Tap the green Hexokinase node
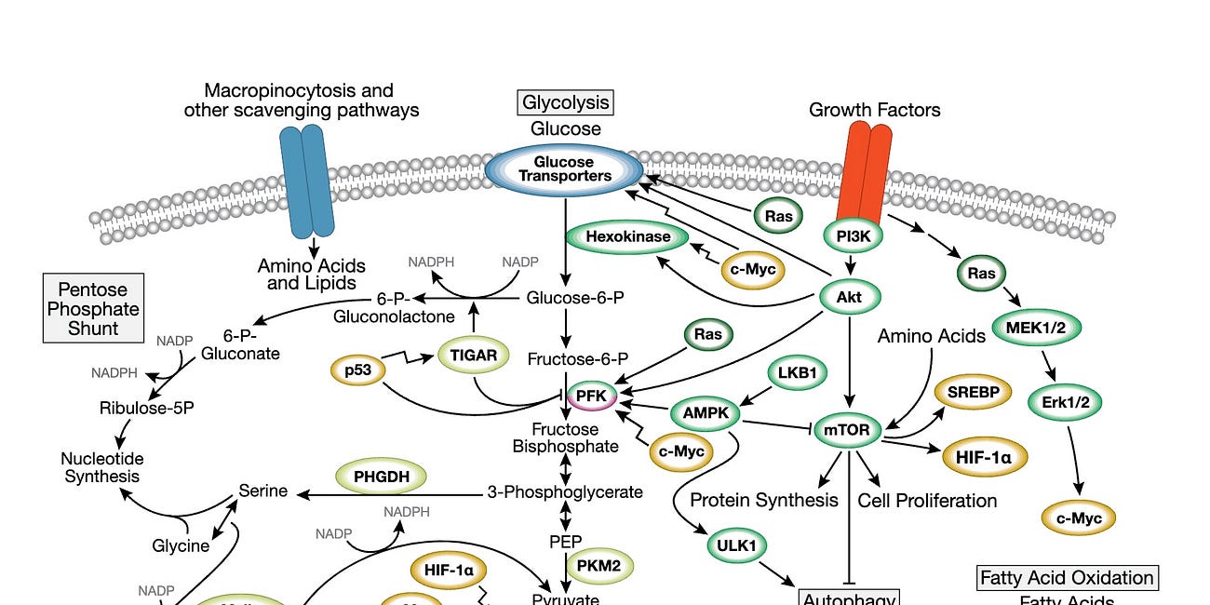click(628, 237)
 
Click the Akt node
click(850, 298)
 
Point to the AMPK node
click(705, 412)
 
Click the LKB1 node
click(797, 373)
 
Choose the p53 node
click(358, 370)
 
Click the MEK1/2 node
click(1037, 328)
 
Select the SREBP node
click(972, 393)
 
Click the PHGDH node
click(380, 476)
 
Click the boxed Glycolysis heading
click(566, 102)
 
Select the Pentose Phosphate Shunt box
click(93, 308)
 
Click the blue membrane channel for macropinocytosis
click(305, 181)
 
